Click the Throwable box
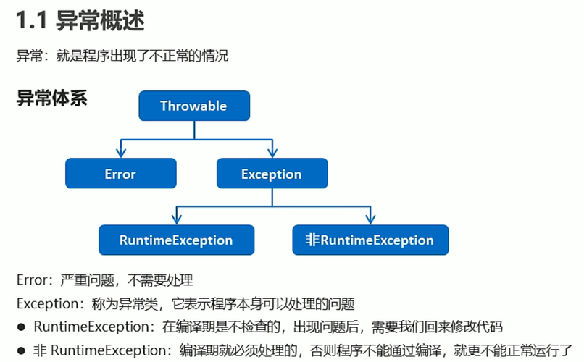(193, 106)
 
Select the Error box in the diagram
(120, 174)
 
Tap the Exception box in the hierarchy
(272, 174)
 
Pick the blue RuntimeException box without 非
(176, 240)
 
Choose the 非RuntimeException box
(370, 240)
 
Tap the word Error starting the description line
(31, 279)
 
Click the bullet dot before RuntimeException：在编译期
(21, 327)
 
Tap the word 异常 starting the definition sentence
(28, 55)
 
